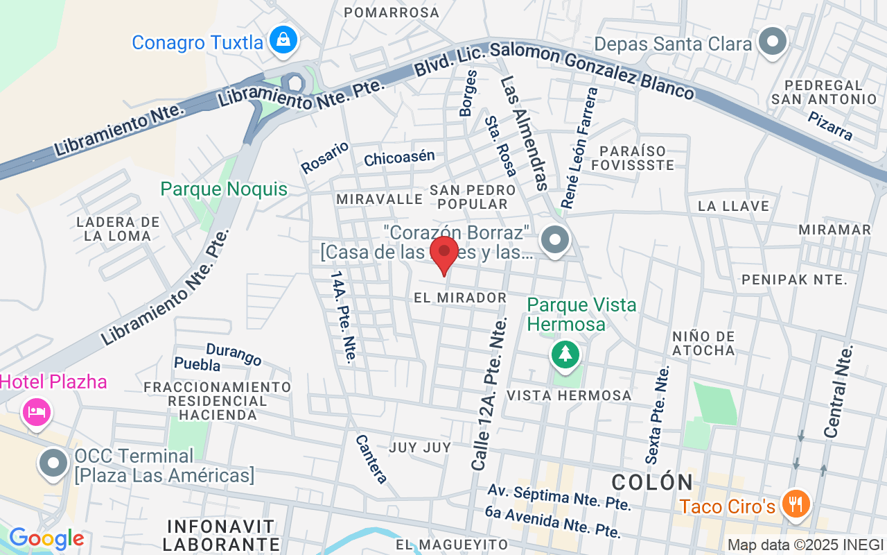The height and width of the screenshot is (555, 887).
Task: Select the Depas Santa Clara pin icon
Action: (772, 42)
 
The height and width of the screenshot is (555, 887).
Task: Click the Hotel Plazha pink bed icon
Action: (36, 411)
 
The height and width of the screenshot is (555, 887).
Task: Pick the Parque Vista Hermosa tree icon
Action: (565, 354)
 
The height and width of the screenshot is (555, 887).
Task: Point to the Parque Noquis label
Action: (223, 189)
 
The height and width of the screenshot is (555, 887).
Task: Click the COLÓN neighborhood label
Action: (653, 481)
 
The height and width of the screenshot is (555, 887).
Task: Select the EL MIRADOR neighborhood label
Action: (460, 298)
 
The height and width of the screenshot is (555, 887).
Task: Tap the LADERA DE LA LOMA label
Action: (118, 229)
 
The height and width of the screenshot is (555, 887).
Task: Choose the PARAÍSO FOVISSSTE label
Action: (633, 157)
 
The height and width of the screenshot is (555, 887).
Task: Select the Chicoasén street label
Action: (399, 157)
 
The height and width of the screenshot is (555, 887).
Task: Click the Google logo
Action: (46, 538)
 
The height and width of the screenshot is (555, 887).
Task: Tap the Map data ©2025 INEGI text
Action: (805, 545)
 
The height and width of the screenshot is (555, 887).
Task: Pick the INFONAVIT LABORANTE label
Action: (222, 535)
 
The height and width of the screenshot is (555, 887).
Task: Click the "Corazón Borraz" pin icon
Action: (554, 241)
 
